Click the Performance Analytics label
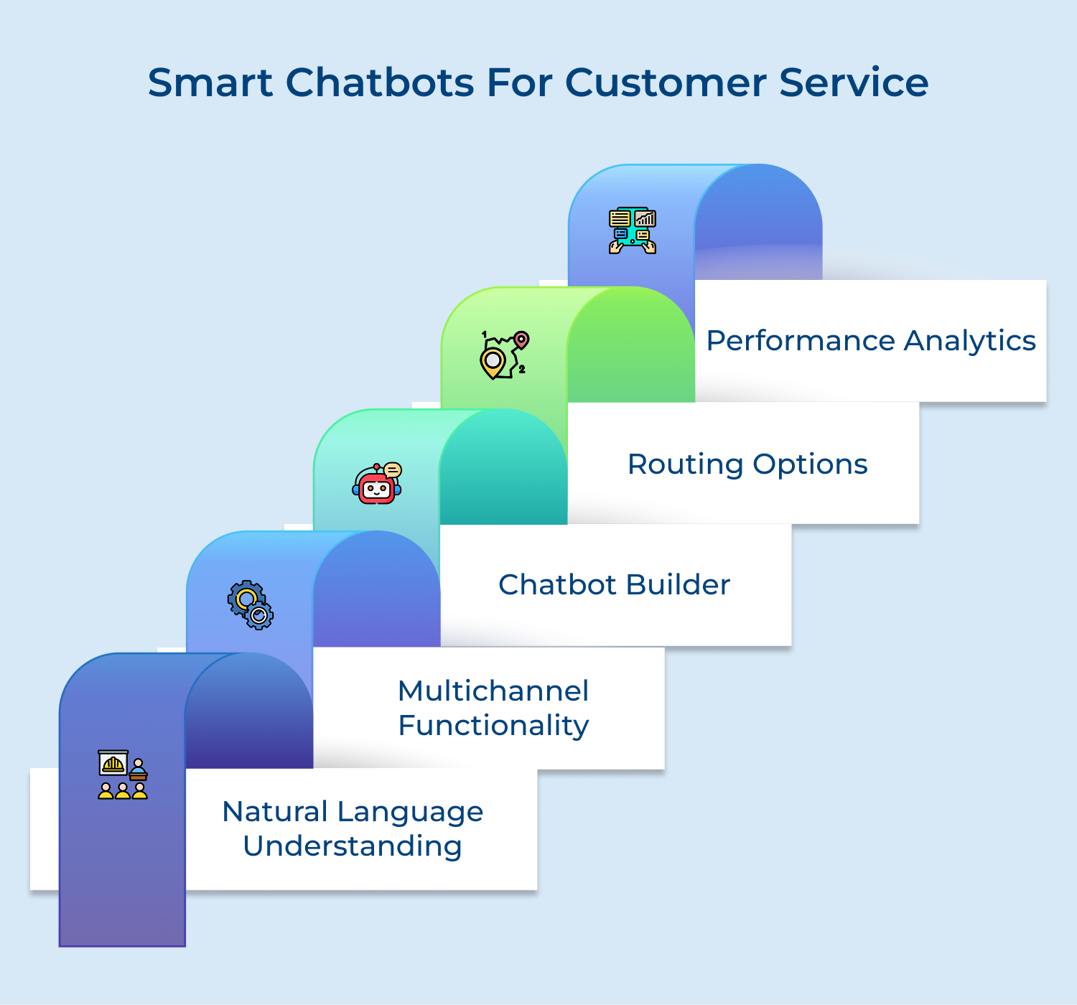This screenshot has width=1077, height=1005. [x=870, y=341]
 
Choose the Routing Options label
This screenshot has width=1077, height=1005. [x=747, y=464]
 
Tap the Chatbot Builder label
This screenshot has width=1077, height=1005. [x=614, y=585]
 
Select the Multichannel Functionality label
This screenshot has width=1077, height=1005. [x=493, y=708]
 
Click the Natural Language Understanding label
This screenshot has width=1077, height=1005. [x=353, y=828]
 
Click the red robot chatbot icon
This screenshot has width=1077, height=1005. [x=377, y=484]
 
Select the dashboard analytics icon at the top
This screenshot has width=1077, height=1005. [x=633, y=230]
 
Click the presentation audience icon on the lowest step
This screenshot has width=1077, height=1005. [x=123, y=775]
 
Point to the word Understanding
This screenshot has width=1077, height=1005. [x=353, y=846]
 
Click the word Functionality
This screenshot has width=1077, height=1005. [x=493, y=726]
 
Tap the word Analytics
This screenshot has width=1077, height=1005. [x=969, y=341]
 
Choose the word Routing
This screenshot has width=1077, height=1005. [x=685, y=464]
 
